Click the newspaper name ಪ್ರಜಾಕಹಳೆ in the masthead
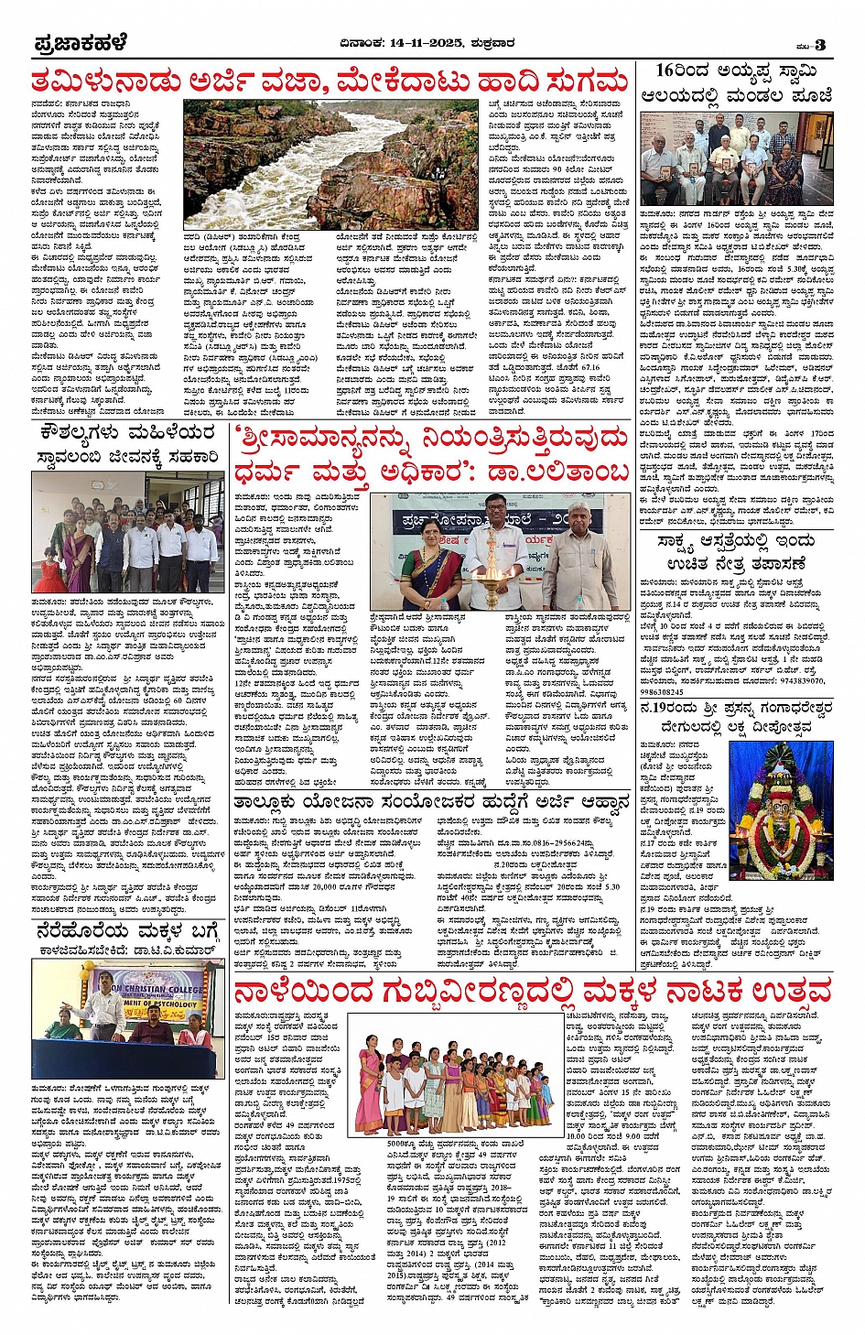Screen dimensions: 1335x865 (80, 44)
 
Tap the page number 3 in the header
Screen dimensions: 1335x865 (820, 46)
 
